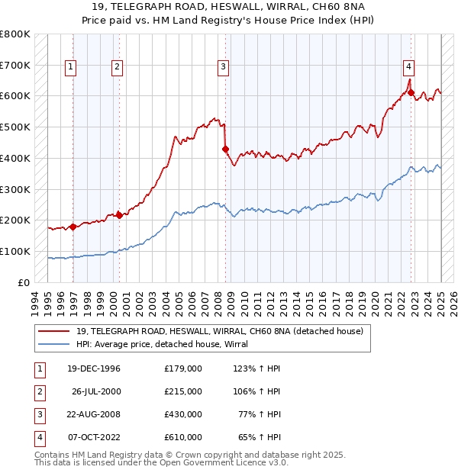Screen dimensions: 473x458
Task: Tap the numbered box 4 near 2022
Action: [x=409, y=66]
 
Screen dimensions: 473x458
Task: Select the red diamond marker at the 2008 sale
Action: [x=226, y=149]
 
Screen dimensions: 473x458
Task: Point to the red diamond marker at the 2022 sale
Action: [x=411, y=93]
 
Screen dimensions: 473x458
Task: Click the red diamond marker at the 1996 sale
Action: [x=73, y=227]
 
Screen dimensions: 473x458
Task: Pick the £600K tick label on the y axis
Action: [x=15, y=96]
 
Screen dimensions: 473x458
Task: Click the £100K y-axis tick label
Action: [x=15, y=251]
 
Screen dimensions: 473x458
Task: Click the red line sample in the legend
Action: [x=55, y=330]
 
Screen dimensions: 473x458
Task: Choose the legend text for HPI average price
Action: [x=167, y=344]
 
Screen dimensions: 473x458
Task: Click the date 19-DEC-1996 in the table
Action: [x=94, y=368]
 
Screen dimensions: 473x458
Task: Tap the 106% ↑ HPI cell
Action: [x=259, y=391]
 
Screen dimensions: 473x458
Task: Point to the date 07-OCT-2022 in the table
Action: [x=94, y=437]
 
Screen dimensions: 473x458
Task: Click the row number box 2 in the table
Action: [x=39, y=391]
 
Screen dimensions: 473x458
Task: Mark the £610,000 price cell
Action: [x=183, y=437]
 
